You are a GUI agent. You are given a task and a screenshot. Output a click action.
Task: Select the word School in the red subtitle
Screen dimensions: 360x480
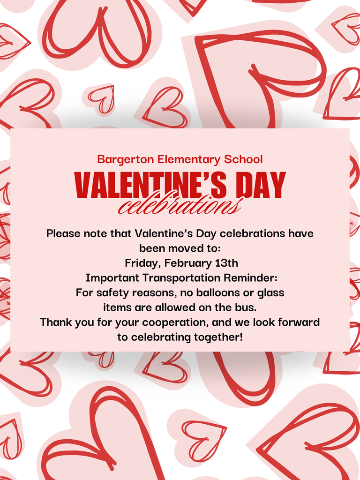243,159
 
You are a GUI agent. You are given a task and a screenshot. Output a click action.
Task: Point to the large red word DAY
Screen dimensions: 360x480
262,185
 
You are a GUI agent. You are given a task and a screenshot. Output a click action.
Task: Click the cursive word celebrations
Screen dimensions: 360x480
180,204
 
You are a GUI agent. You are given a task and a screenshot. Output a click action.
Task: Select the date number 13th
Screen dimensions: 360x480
226,263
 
